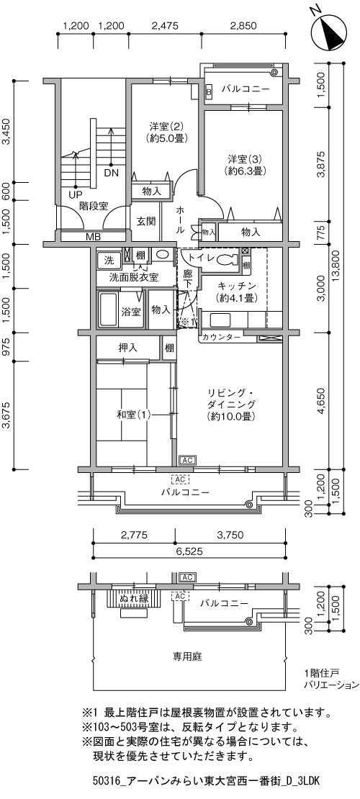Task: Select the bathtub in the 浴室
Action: click(x=107, y=310)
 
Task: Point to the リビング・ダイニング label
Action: click(x=231, y=404)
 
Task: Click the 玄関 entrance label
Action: click(x=146, y=222)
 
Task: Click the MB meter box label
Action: click(x=93, y=237)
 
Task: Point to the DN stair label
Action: click(x=111, y=173)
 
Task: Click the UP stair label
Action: click(x=75, y=194)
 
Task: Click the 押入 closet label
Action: click(x=128, y=348)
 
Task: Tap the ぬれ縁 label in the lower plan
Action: click(x=134, y=598)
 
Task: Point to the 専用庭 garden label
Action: click(x=188, y=656)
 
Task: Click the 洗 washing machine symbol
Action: click(x=109, y=260)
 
